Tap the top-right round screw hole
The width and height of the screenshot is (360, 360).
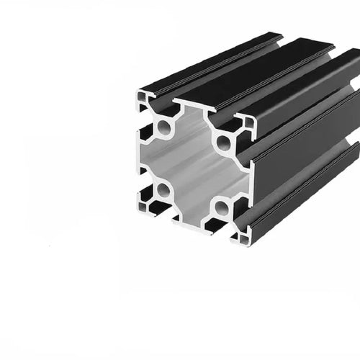[223, 142]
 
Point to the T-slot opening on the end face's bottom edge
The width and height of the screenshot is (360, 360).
[191, 228]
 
